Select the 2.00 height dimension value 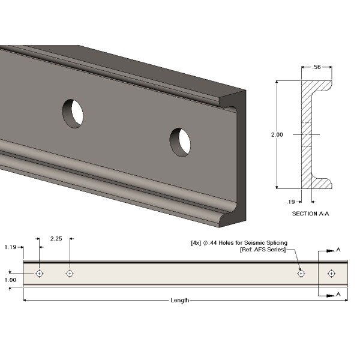click(277, 135)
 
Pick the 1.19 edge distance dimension click(10, 247)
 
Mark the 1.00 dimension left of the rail click(10, 280)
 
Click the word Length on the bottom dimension click(179, 300)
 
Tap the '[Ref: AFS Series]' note click(262, 250)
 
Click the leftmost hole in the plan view click(40, 274)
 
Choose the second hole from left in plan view click(70, 274)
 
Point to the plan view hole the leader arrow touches click(301, 274)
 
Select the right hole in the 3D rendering click(179, 142)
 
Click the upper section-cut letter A click(339, 249)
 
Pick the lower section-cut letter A click(339, 293)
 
